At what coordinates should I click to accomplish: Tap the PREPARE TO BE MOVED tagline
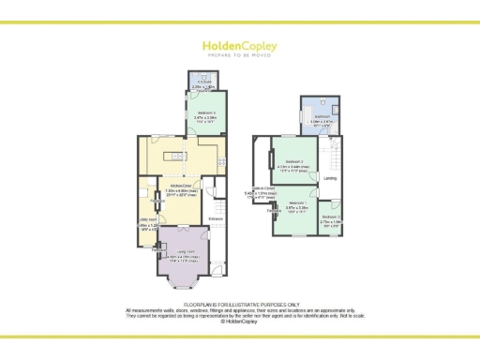point(239,54)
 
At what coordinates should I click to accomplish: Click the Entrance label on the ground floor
point(215,220)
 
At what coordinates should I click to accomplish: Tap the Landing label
point(331,177)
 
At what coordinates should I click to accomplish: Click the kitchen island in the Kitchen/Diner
point(172,155)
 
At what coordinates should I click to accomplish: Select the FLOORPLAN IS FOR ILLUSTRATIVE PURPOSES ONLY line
point(240,306)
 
